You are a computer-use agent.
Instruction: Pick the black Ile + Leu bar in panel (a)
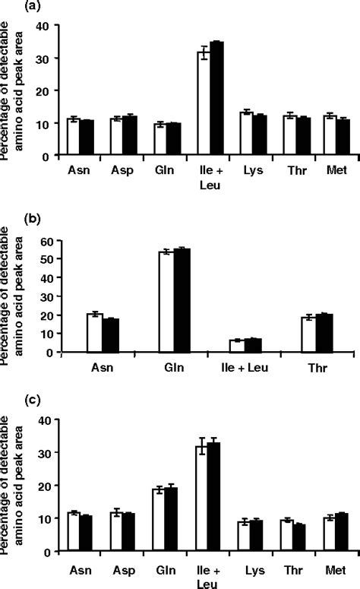(217, 99)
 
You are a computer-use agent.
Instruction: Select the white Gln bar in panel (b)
(165, 302)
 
